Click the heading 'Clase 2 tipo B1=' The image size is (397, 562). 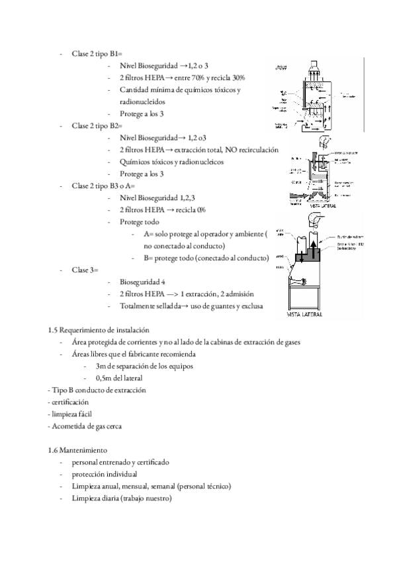point(97,54)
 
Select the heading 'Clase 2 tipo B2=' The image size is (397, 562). point(97,125)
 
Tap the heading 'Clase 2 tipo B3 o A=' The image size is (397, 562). point(103,186)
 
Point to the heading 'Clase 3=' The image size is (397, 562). point(85,270)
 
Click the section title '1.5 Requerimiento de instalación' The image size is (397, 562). point(99,329)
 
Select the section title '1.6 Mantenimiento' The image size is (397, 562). point(77,449)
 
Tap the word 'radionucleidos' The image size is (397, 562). point(142,101)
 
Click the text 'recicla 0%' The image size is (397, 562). point(190,209)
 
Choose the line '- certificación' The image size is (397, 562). point(69,402)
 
